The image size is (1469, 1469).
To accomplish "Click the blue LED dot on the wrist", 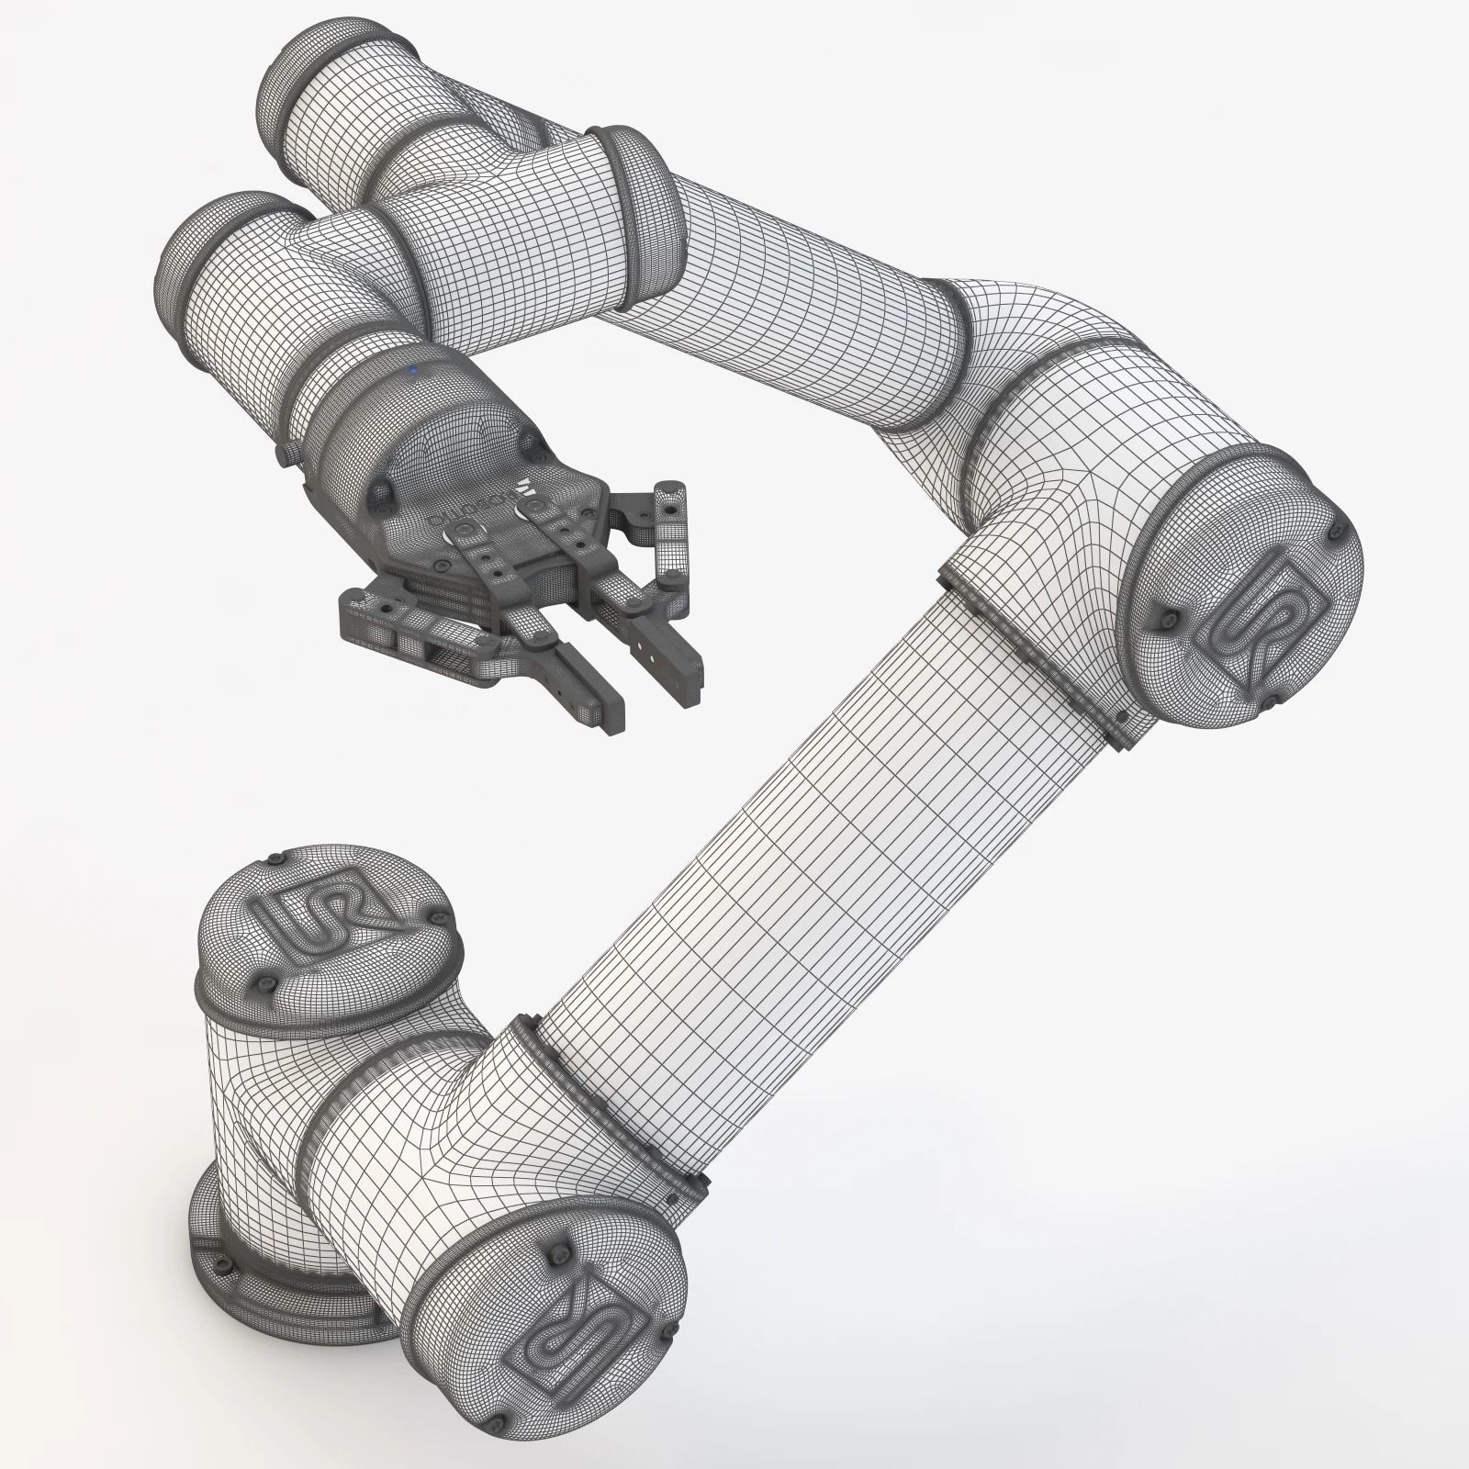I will click(x=414, y=371).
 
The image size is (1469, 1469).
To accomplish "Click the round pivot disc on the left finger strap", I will click(x=459, y=531).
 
